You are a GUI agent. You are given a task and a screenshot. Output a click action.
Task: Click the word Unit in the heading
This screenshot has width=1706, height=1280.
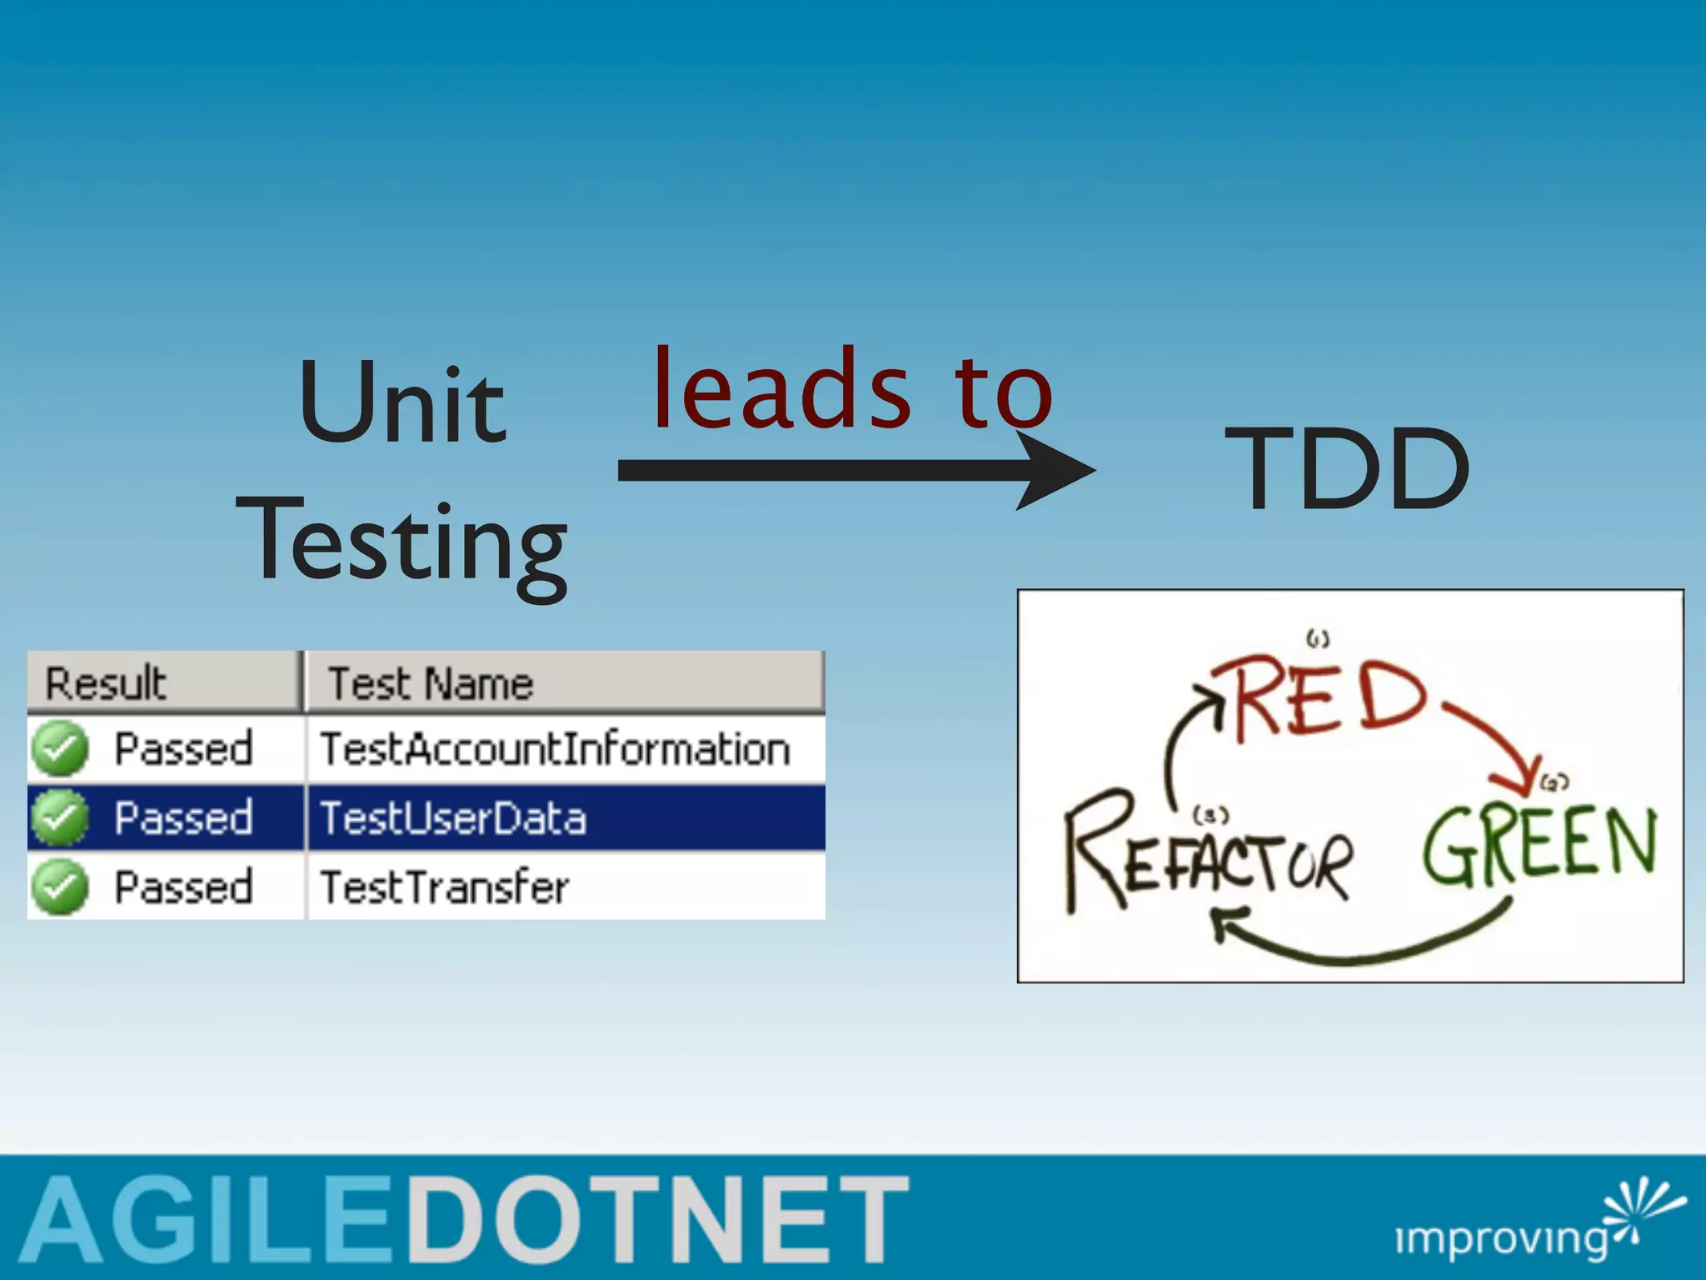pos(402,404)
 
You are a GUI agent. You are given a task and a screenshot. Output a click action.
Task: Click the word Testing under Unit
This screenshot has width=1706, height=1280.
pos(402,542)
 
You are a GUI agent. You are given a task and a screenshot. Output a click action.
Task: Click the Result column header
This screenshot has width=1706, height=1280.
pos(107,683)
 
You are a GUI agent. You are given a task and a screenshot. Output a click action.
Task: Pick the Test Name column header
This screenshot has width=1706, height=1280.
pos(431,683)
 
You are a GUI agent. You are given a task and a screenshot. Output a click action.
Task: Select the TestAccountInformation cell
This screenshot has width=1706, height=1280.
pos(555,748)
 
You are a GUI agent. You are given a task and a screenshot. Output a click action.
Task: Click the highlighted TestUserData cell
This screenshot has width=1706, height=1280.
pos(454,817)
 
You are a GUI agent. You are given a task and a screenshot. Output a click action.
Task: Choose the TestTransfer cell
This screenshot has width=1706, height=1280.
pos(445,887)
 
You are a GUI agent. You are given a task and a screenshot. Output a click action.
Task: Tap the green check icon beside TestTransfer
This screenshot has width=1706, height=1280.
pos(59,887)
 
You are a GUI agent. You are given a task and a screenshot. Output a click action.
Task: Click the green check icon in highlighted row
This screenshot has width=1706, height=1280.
pos(59,817)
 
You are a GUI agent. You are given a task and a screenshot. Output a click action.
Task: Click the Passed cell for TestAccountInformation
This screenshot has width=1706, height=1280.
pos(183,748)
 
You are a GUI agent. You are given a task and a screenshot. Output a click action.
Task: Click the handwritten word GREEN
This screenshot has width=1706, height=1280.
pos(1539,846)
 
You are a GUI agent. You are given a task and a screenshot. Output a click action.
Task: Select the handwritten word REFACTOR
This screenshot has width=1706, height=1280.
pos(1208,858)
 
